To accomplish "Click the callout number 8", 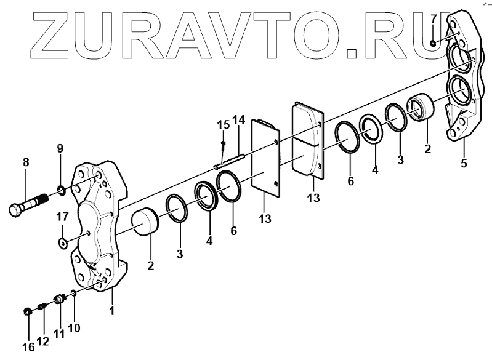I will tap(25, 163).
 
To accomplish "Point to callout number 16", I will tap(28, 347).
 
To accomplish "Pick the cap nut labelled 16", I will tap(27, 311).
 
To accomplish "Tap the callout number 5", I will tap(464, 163).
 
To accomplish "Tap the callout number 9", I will tap(60, 148).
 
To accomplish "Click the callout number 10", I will tap(74, 328).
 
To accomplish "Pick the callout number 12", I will tap(44, 341).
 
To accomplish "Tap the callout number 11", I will tap(59, 335).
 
